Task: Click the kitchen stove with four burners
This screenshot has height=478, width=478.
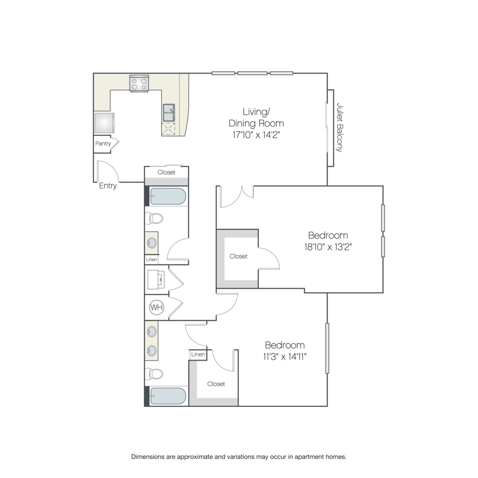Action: (139, 83)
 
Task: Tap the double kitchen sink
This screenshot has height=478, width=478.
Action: (169, 113)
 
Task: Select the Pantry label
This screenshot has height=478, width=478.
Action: (103, 143)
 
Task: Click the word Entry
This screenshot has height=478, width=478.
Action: (108, 186)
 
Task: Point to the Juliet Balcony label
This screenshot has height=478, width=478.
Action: (339, 127)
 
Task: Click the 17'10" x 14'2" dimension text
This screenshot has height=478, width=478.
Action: (256, 135)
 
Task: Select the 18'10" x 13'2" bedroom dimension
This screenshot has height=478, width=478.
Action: (328, 246)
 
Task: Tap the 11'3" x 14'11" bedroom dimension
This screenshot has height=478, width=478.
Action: (285, 356)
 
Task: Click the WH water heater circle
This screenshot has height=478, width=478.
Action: (157, 307)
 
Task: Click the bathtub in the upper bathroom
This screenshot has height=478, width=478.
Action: (168, 197)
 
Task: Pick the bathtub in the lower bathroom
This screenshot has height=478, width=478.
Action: (168, 396)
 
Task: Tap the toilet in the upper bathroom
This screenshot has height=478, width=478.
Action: (154, 218)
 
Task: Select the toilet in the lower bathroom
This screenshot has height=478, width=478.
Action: (154, 374)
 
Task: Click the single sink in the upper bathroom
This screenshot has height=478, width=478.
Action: (151, 243)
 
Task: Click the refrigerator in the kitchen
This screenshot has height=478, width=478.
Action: (104, 123)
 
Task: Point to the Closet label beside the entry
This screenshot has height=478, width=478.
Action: (166, 172)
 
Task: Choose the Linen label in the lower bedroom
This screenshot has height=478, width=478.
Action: (198, 354)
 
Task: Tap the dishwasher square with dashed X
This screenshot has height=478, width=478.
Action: (168, 129)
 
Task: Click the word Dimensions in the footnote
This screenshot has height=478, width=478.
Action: (148, 457)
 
